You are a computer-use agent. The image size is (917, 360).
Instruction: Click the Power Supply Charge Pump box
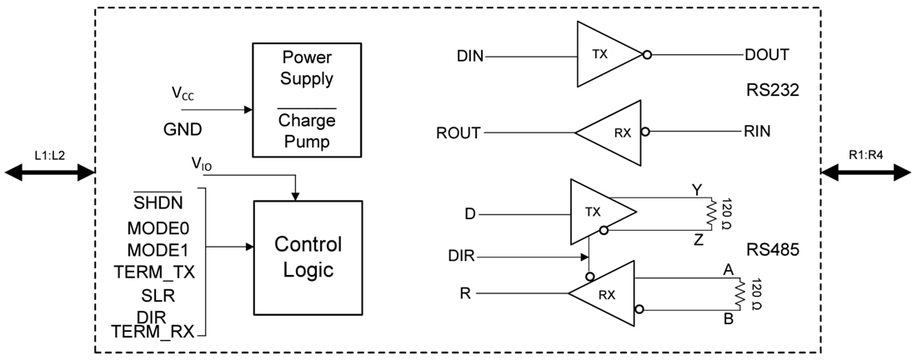click(307, 100)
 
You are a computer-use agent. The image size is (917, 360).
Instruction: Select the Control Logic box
click(308, 257)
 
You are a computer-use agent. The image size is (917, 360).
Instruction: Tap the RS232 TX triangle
click(605, 55)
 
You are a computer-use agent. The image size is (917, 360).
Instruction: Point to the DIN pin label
click(471, 57)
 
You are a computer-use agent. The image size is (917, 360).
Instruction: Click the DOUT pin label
click(766, 55)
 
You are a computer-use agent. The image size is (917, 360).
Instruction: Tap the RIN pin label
click(757, 132)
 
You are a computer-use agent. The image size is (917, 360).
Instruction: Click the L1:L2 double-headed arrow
click(51, 172)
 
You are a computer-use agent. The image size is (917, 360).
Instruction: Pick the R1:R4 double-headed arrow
click(866, 172)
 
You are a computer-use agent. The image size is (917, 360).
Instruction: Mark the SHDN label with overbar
click(159, 202)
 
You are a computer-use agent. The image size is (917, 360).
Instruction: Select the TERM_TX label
click(153, 271)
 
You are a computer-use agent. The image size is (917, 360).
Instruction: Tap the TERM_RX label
click(153, 332)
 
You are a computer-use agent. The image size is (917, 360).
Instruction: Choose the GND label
click(183, 130)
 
